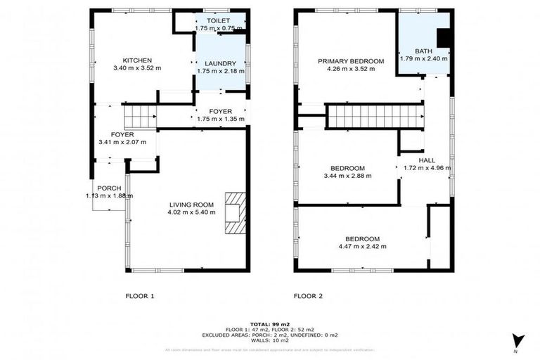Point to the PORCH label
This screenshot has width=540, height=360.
point(109,187)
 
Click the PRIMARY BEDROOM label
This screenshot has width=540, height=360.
point(351,61)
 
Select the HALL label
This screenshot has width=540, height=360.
point(426,160)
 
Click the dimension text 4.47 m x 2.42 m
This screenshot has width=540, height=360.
point(362,246)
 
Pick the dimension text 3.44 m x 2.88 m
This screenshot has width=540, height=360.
point(347,176)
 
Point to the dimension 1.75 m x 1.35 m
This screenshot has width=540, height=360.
point(221,119)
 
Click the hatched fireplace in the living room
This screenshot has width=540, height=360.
point(236,212)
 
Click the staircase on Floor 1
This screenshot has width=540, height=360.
point(139,114)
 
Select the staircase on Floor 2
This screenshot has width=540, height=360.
point(375,116)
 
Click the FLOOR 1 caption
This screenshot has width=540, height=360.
point(139,296)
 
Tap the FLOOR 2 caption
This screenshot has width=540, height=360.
point(308,296)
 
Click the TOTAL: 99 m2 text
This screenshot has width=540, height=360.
point(269,323)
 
